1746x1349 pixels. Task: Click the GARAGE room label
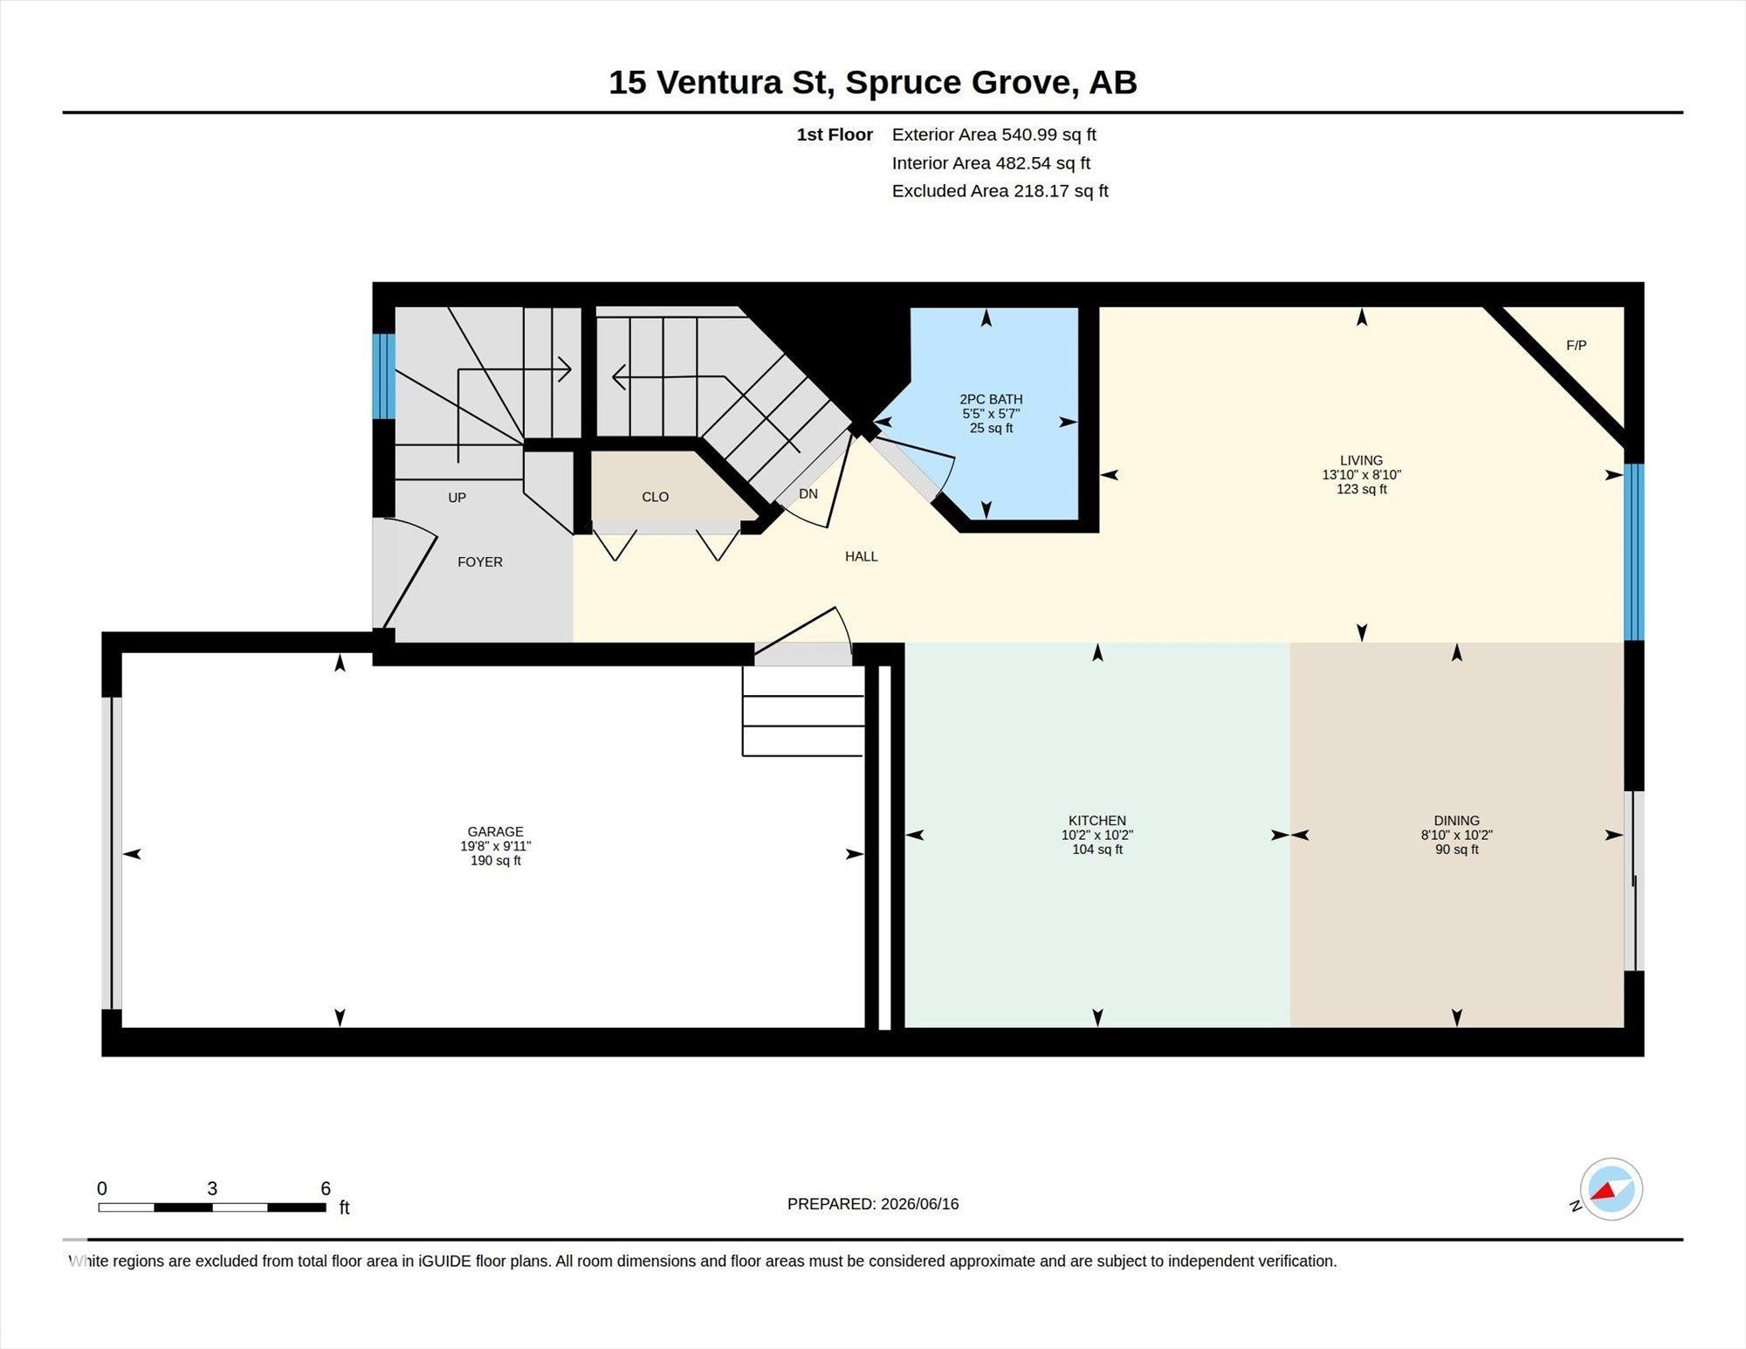[x=495, y=831]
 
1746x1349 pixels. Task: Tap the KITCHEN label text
[x=1097, y=820]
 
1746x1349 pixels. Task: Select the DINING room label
[x=1456, y=820]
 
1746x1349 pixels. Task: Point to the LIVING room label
[x=1361, y=460]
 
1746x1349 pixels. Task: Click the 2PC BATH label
[x=991, y=399]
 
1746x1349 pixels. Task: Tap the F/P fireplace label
[x=1576, y=345]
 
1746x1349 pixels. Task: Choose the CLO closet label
[x=655, y=497]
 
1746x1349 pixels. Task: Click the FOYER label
[x=480, y=561]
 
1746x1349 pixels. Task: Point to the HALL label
[x=861, y=556]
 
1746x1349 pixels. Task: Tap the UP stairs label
[x=457, y=498]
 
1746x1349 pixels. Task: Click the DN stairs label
[x=808, y=493]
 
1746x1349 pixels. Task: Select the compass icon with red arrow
[x=1610, y=1189]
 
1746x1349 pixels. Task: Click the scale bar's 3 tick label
[x=212, y=1188]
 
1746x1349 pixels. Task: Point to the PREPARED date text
[x=873, y=1203]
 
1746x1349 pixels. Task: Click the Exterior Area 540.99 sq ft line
[x=993, y=134]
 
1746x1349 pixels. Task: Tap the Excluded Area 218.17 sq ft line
[x=1000, y=190]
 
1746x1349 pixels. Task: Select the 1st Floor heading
[x=835, y=134]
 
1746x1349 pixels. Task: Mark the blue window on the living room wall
[x=1634, y=552]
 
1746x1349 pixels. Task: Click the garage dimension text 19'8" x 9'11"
[x=495, y=845]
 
